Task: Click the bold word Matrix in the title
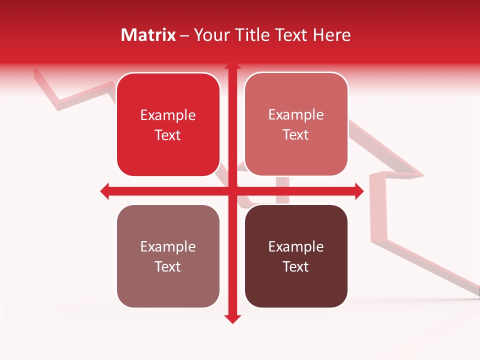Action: click(148, 35)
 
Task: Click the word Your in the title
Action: click(210, 35)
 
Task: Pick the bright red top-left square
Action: click(168, 125)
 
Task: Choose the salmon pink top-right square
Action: click(296, 124)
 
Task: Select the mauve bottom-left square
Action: click(168, 256)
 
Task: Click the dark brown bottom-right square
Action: click(296, 256)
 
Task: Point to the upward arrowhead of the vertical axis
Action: click(232, 66)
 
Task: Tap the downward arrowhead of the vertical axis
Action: click(232, 318)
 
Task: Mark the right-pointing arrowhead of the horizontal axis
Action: click(358, 191)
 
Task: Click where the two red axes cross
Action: click(232, 191)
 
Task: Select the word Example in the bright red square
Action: click(168, 115)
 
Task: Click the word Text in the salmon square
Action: click(296, 134)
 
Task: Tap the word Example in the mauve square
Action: click(168, 247)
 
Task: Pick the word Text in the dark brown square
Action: click(296, 266)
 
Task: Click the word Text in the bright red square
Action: click(168, 135)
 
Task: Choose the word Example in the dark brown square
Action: click(296, 247)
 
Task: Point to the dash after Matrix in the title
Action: click(185, 35)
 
